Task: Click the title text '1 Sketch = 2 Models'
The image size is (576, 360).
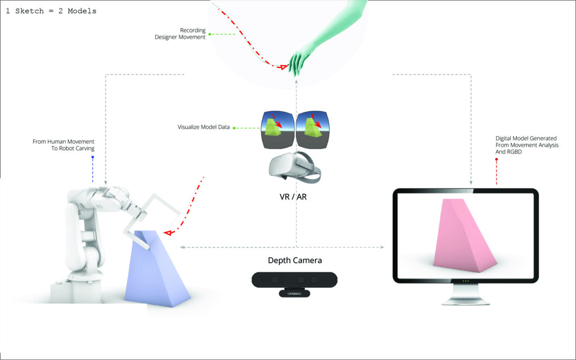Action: [51, 11]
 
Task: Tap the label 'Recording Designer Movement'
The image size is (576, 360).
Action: [180, 33]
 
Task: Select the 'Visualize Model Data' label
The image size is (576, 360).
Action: [204, 127]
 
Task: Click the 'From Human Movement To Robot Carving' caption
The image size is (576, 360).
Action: [64, 145]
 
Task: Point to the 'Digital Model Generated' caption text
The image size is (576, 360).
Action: [526, 138]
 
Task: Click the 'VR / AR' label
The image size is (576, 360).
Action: [292, 197]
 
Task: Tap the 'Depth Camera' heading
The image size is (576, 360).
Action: [295, 260]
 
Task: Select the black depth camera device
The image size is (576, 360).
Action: [295, 283]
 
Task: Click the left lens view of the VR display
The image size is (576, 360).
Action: [277, 130]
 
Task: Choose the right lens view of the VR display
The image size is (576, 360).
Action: [313, 130]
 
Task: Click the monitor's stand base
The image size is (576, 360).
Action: [465, 302]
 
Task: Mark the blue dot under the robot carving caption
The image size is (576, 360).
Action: [93, 157]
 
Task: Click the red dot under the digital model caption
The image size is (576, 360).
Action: [496, 159]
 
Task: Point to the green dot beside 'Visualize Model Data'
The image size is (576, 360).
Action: [233, 128]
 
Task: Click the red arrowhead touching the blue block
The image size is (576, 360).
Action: [168, 232]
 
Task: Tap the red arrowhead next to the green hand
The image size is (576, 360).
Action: [283, 67]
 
